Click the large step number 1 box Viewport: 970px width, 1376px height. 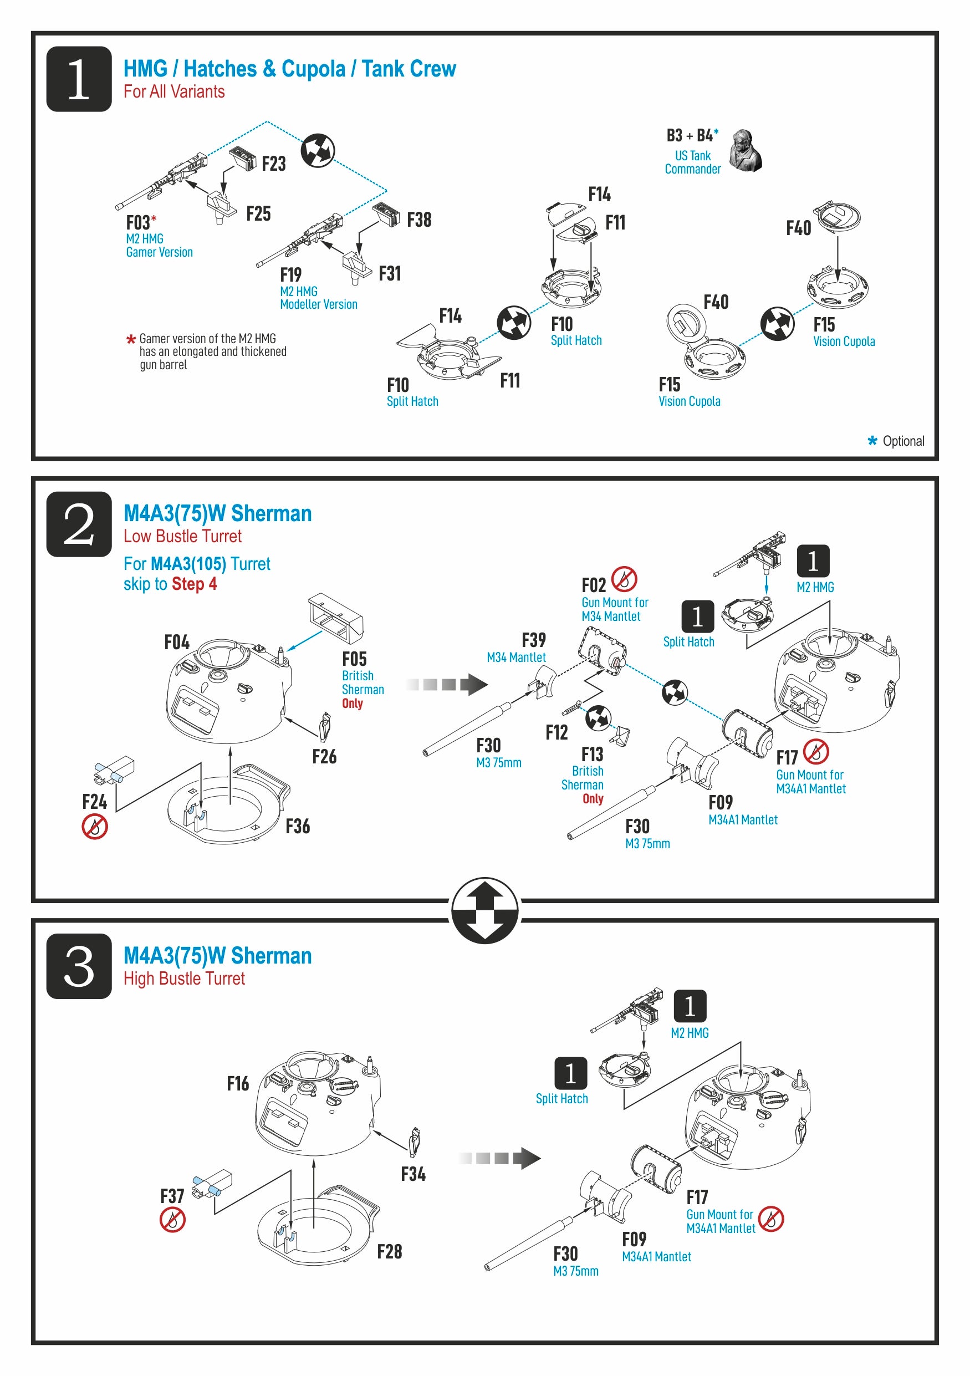click(79, 79)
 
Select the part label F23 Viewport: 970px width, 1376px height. click(273, 164)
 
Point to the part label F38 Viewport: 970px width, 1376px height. click(419, 220)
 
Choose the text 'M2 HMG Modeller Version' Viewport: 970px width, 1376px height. click(318, 298)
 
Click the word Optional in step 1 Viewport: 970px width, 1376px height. click(903, 441)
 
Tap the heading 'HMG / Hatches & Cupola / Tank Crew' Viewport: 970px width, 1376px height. click(289, 69)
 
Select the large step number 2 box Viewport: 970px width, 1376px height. click(79, 524)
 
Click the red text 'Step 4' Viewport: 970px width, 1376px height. click(194, 584)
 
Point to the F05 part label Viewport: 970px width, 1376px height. click(354, 659)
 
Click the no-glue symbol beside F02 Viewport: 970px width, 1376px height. click(624, 579)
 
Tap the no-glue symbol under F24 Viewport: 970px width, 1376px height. click(95, 827)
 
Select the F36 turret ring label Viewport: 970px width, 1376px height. click(298, 827)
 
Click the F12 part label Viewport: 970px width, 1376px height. click(557, 732)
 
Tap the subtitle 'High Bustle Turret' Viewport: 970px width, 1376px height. click(184, 979)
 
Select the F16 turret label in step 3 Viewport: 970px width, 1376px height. click(238, 1083)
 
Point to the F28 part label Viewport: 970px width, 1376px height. click(390, 1251)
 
